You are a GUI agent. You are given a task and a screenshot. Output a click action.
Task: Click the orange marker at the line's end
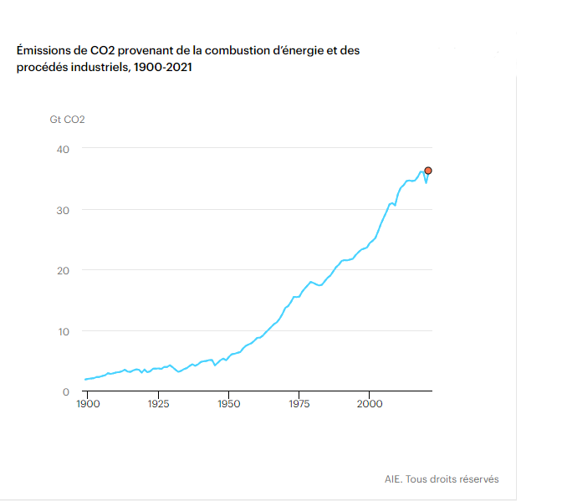pos(429,171)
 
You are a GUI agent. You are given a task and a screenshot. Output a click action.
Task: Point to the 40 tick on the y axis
pos(64,149)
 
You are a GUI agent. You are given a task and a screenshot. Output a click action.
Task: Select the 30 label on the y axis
pos(64,210)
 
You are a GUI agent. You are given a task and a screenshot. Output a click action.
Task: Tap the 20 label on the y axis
pos(64,270)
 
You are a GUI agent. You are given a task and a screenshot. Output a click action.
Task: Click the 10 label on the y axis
pos(64,331)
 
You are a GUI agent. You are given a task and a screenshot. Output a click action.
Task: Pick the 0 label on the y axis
pos(66,391)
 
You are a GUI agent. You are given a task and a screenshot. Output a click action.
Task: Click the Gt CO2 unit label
pos(67,119)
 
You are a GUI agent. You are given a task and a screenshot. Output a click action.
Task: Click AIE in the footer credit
pos(393,479)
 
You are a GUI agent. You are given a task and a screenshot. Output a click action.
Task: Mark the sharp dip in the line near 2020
pos(426,181)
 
